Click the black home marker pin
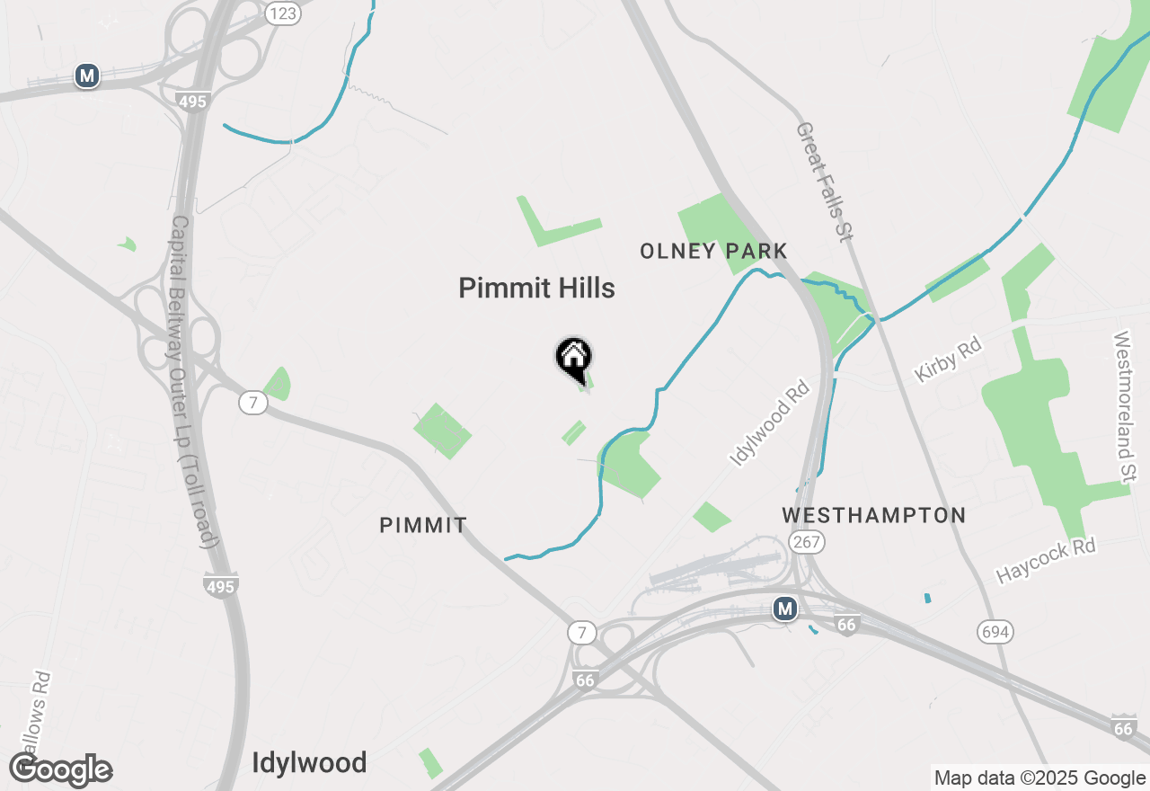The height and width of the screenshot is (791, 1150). click(573, 358)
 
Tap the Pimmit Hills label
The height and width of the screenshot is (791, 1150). click(536, 288)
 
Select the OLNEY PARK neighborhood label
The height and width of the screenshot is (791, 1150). click(713, 251)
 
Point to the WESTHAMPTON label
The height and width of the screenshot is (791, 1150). click(873, 515)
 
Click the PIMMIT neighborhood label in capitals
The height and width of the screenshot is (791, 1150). click(423, 525)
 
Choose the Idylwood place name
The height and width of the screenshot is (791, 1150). click(309, 762)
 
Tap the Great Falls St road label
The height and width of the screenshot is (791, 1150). click(822, 182)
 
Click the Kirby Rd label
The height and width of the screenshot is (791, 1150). click(948, 359)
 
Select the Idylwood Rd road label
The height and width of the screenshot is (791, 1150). click(770, 422)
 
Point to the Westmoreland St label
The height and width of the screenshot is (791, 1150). click(1124, 406)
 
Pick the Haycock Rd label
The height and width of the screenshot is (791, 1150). click(1046, 561)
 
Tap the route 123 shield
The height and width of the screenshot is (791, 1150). click(283, 13)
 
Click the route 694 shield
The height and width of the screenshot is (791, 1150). click(995, 632)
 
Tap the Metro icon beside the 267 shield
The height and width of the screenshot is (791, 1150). click(785, 609)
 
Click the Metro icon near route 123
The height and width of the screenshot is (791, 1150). click(86, 76)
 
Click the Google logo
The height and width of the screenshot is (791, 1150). click(61, 770)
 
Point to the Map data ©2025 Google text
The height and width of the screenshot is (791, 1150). click(1039, 778)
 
